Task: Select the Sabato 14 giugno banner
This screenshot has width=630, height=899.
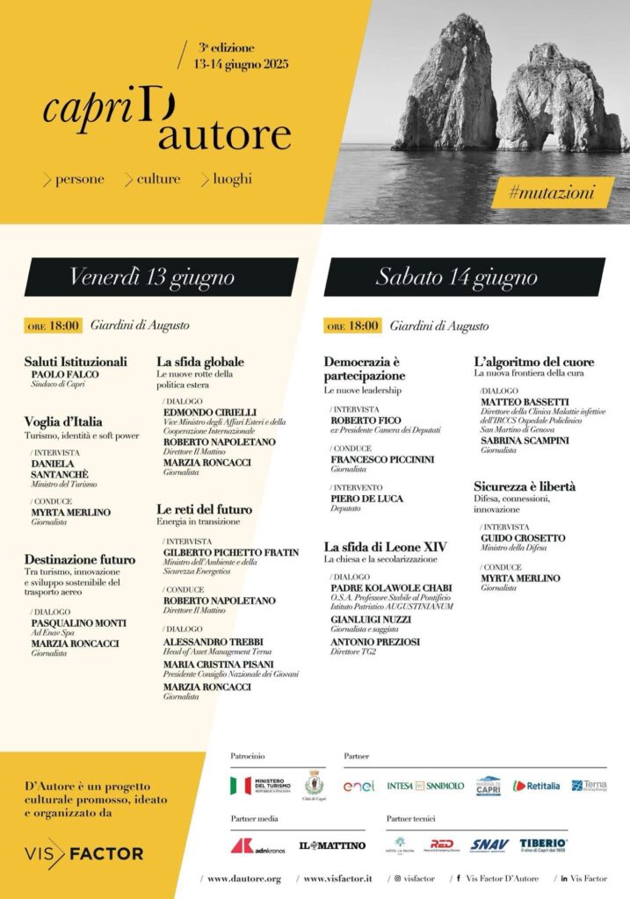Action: click(457, 277)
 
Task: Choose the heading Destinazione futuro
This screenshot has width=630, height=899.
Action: click(80, 559)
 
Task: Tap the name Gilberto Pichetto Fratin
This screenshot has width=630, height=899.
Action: click(231, 553)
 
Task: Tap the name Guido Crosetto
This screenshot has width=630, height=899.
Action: click(523, 538)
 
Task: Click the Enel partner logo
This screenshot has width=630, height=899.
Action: click(358, 786)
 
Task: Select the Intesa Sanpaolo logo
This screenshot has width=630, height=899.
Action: click(425, 786)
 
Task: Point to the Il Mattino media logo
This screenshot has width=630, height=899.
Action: click(332, 845)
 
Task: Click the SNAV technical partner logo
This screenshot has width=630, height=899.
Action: click(489, 845)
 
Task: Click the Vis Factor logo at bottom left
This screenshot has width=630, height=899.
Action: click(83, 852)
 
